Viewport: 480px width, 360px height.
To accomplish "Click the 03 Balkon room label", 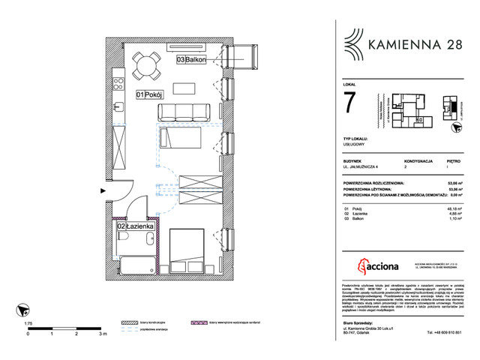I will point(192,59).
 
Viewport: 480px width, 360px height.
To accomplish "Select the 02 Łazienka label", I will point(136,225).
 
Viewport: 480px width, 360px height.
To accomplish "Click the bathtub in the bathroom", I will point(137,266).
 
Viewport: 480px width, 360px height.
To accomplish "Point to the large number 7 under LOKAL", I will point(350,104).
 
